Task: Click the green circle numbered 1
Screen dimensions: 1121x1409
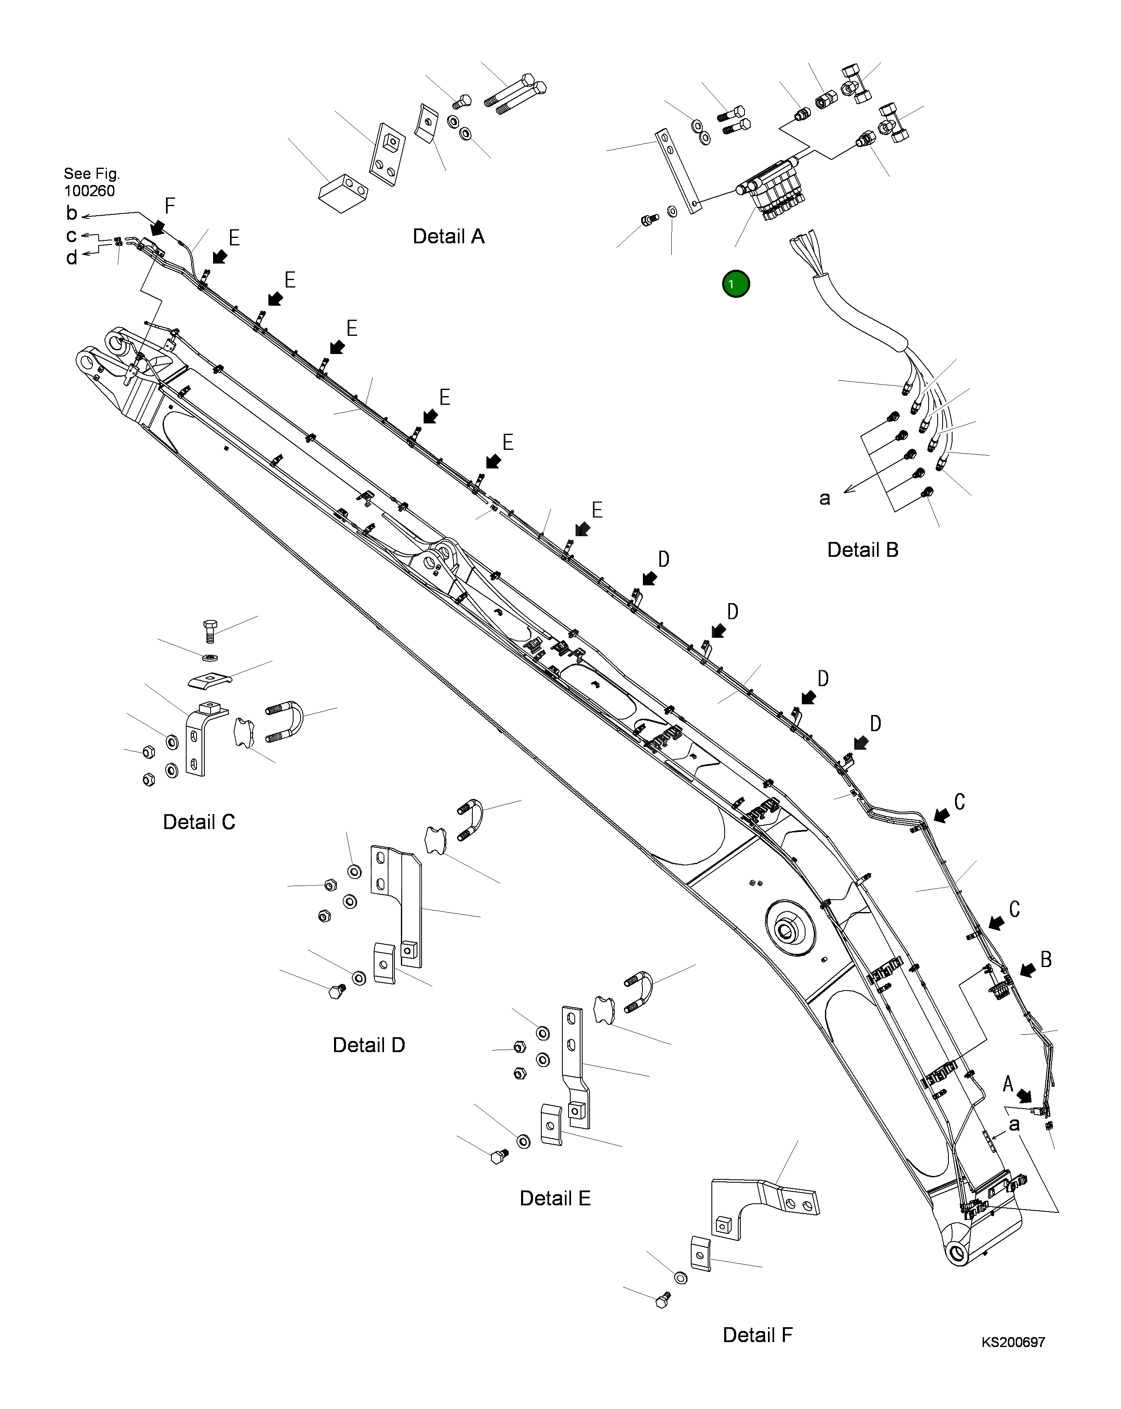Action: pyautogui.click(x=736, y=284)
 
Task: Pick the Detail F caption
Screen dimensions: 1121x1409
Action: pyautogui.click(x=757, y=1335)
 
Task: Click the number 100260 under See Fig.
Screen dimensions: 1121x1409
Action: pyautogui.click(x=90, y=191)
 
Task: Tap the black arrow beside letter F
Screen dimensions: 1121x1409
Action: pyautogui.click(x=157, y=227)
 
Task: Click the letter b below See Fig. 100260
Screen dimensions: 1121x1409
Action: pyautogui.click(x=72, y=213)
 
